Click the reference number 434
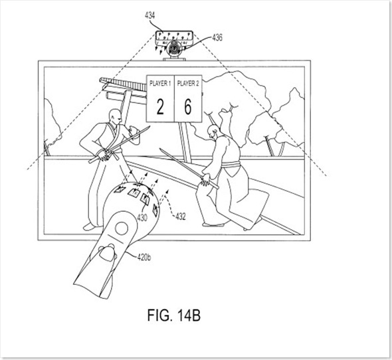coord(150,15)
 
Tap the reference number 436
coord(217,38)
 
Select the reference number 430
coord(142,218)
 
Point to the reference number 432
coord(181,217)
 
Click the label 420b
coord(144,257)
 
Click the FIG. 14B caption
coord(174,315)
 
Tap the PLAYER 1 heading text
coord(160,84)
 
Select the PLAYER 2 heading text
coord(188,84)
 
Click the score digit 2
coord(160,107)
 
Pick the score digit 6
coord(188,107)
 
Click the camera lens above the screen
coord(174,49)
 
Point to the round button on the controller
coord(122,228)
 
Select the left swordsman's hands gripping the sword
coord(104,155)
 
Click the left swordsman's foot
coord(89,226)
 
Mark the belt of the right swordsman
coord(231,165)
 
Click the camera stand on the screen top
coord(174,59)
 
